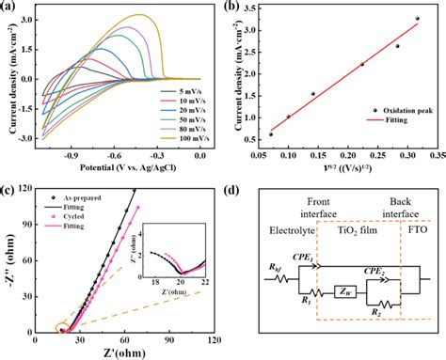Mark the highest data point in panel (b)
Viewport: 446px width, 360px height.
point(418,19)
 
